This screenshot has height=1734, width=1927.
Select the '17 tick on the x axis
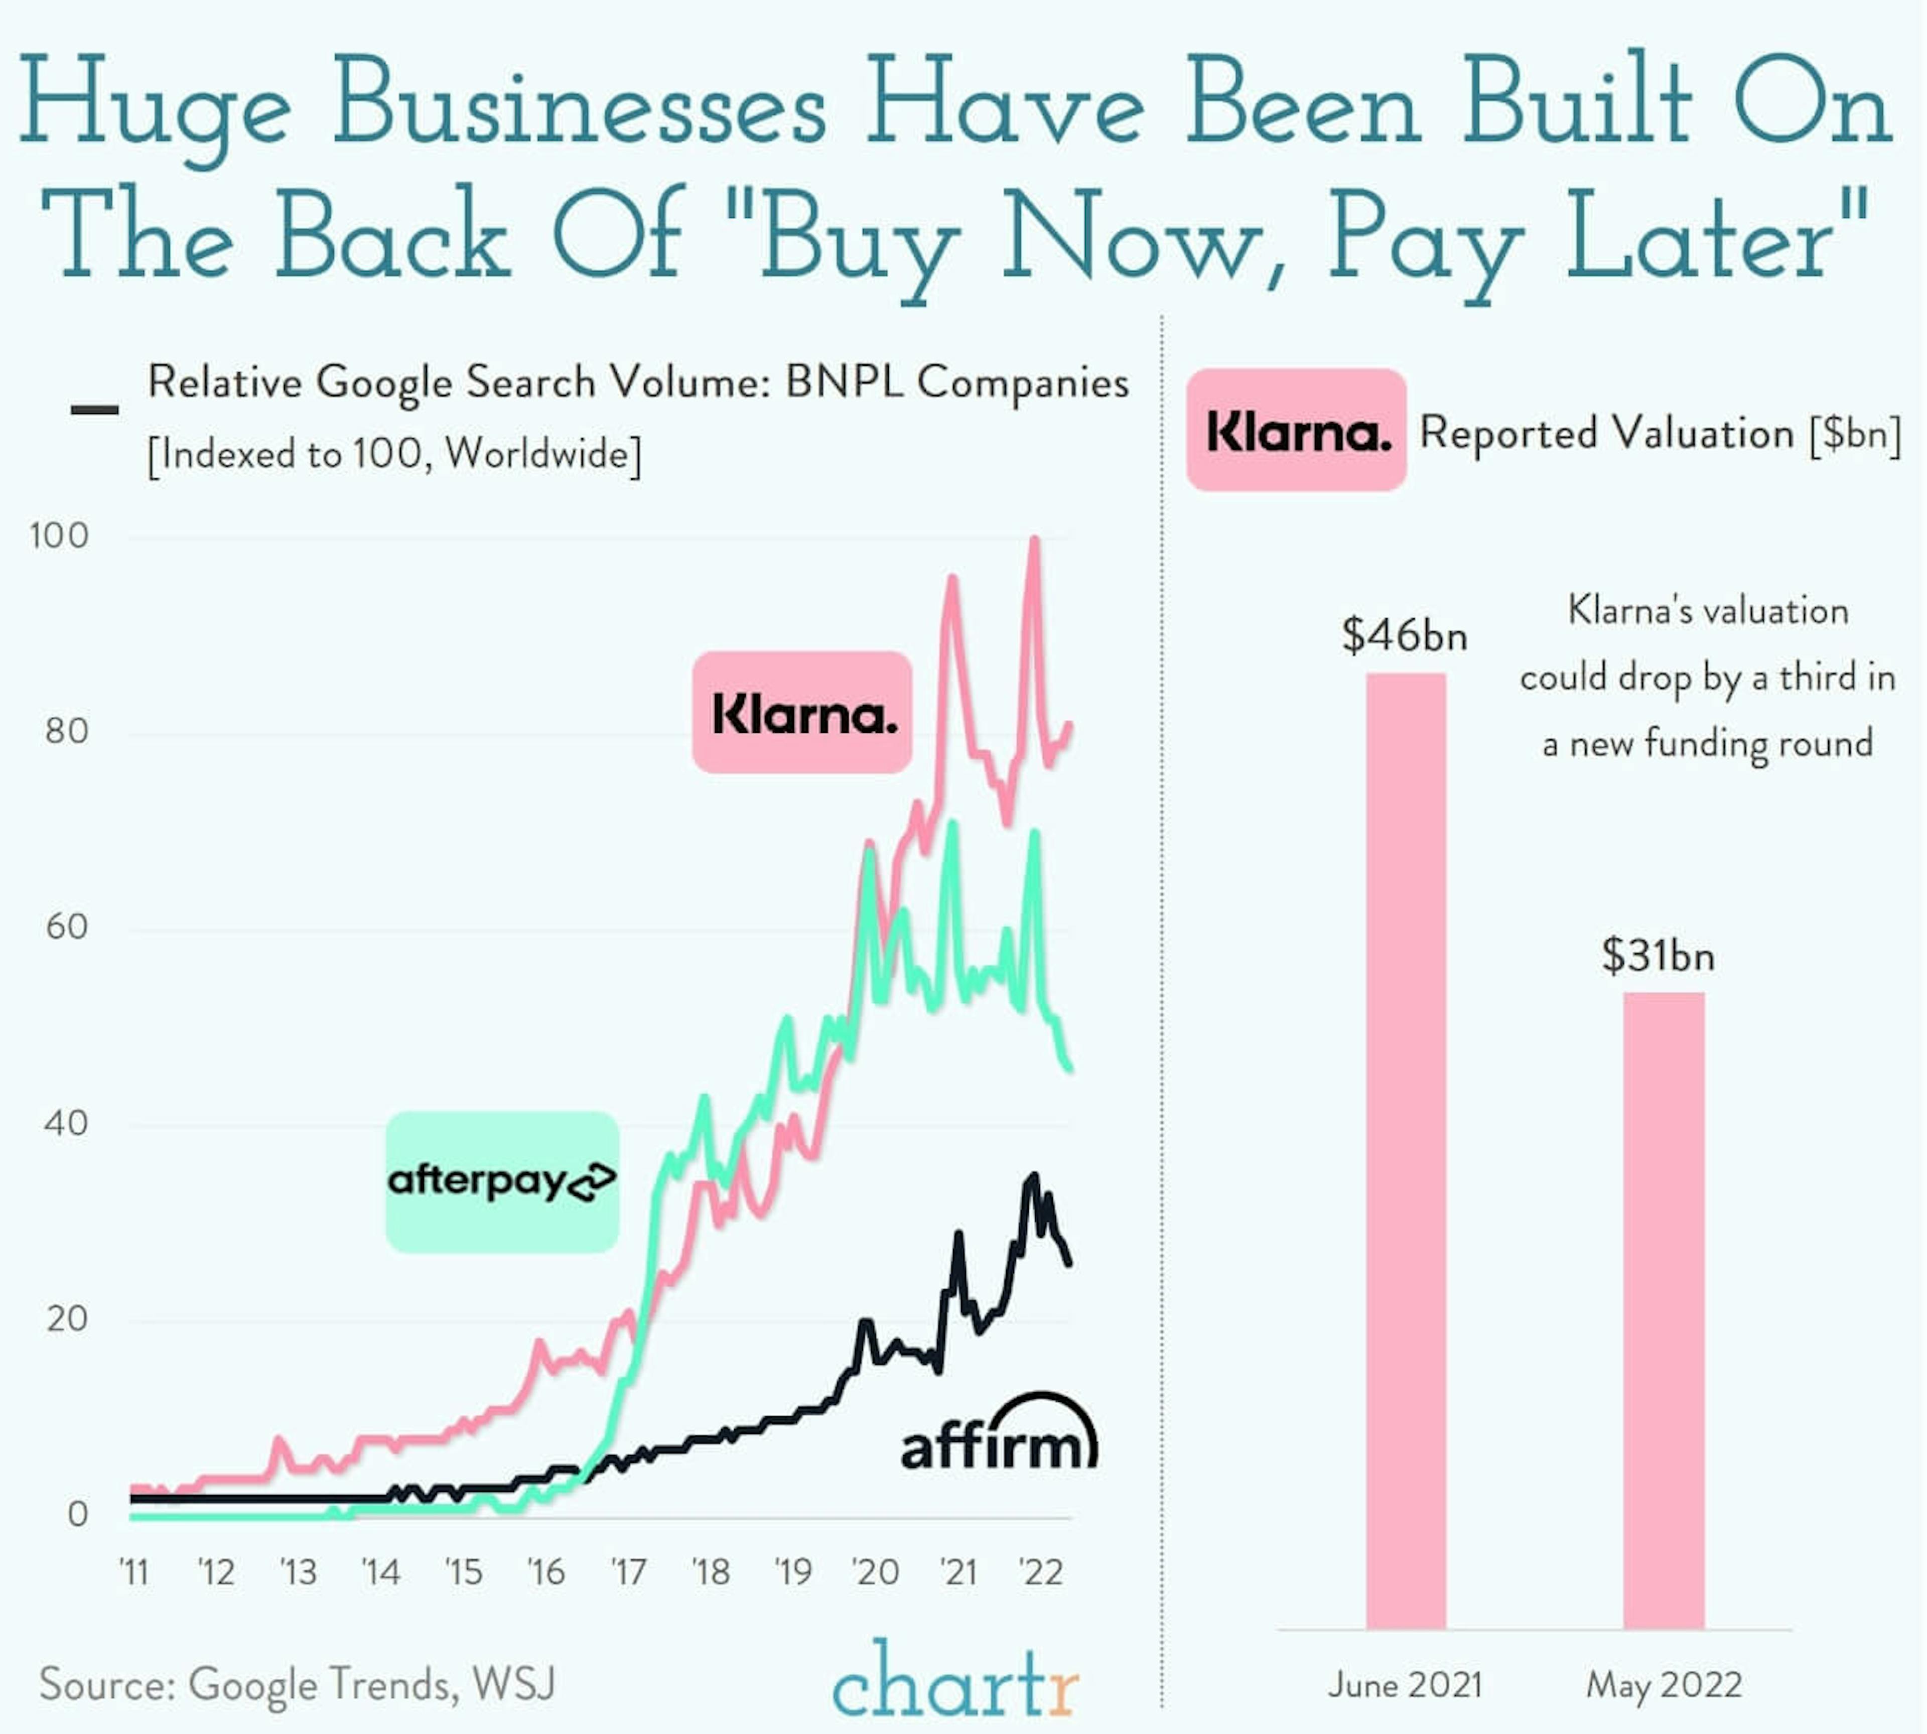pyautogui.click(x=628, y=1571)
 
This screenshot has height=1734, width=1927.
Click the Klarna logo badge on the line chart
pyautogui.click(x=802, y=713)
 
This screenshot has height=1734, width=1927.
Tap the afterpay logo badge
pyautogui.click(x=502, y=1181)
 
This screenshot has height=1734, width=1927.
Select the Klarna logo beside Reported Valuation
pyautogui.click(x=1296, y=431)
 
